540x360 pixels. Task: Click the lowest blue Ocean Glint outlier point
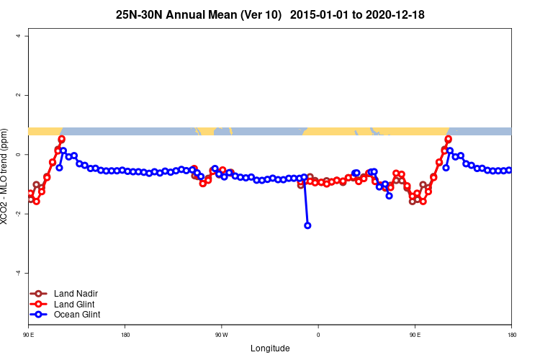tap(307, 225)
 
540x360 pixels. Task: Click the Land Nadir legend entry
tap(76, 293)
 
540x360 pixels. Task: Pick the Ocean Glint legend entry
tap(76, 315)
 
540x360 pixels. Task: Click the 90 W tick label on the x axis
tap(221, 335)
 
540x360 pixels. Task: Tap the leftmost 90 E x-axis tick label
tap(28, 335)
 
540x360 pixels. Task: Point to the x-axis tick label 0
tap(318, 335)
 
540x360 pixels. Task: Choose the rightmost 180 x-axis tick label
tap(511, 335)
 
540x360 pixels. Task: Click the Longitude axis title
tap(270, 348)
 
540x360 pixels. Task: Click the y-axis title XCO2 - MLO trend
tap(6, 180)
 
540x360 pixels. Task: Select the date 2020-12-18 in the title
tap(396, 14)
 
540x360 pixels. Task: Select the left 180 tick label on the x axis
tap(125, 335)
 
